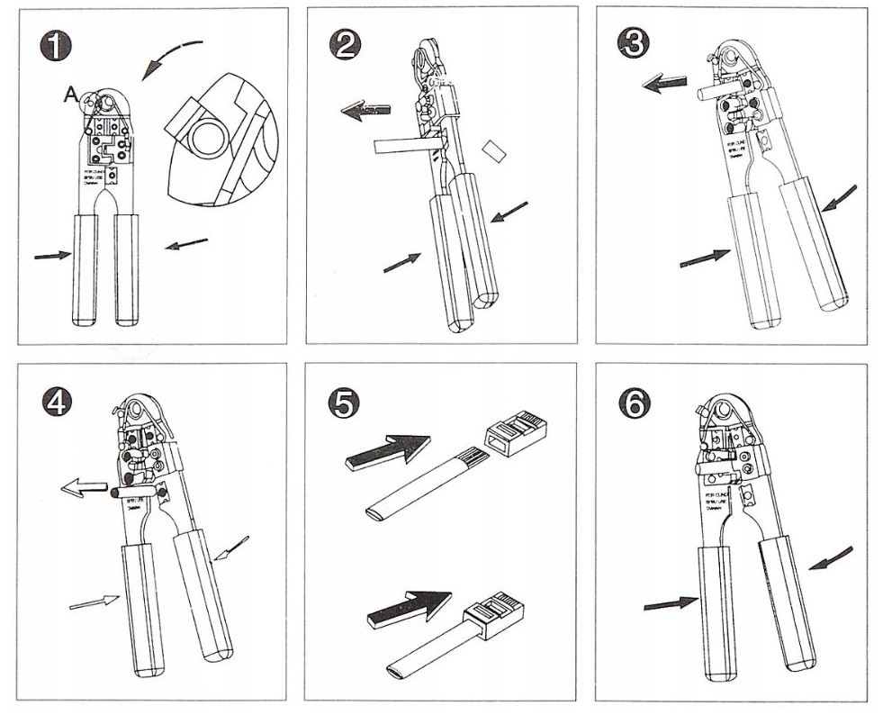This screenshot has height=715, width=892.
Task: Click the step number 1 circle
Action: (57, 45)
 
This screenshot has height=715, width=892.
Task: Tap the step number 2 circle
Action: (346, 45)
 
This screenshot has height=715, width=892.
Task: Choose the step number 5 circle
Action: (346, 403)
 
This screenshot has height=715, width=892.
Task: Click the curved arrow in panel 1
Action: (171, 59)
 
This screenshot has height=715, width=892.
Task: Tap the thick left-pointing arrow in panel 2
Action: (365, 112)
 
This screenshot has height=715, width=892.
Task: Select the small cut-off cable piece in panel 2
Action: (494, 150)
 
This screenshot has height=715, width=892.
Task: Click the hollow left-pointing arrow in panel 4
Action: (83, 489)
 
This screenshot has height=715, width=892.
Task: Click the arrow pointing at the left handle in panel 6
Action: (671, 603)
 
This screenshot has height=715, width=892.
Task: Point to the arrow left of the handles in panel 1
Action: (53, 256)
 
